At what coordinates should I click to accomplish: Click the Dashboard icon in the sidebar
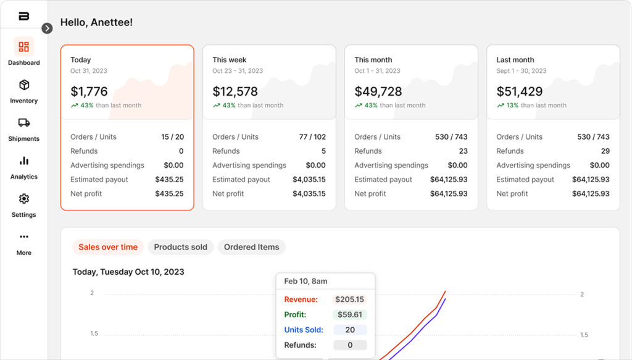coord(24,47)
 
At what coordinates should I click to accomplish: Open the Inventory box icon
coord(24,85)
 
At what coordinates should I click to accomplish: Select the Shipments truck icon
coord(24,123)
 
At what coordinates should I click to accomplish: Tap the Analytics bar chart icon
coord(24,161)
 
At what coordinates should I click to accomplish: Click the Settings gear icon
coord(24,199)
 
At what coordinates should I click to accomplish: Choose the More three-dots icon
coord(24,237)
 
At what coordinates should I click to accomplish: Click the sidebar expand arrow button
coord(48,28)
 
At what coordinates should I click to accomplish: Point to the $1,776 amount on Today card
coord(89,91)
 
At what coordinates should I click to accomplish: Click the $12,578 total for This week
coord(235,91)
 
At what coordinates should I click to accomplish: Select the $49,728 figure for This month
coord(378,91)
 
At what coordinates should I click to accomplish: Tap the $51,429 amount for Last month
coord(520,91)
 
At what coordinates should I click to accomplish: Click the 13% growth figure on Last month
coord(512,106)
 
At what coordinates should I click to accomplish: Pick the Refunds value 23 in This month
coord(463,151)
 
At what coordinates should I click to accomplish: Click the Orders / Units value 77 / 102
coord(312,137)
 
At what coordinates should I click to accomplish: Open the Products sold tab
coord(180,247)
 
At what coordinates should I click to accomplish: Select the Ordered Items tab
coord(251,247)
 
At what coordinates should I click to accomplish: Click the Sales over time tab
coord(108,247)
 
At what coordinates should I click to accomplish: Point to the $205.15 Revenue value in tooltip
coord(350,299)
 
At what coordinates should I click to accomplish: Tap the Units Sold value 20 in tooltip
coord(350,330)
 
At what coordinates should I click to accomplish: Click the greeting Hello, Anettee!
coord(96,23)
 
